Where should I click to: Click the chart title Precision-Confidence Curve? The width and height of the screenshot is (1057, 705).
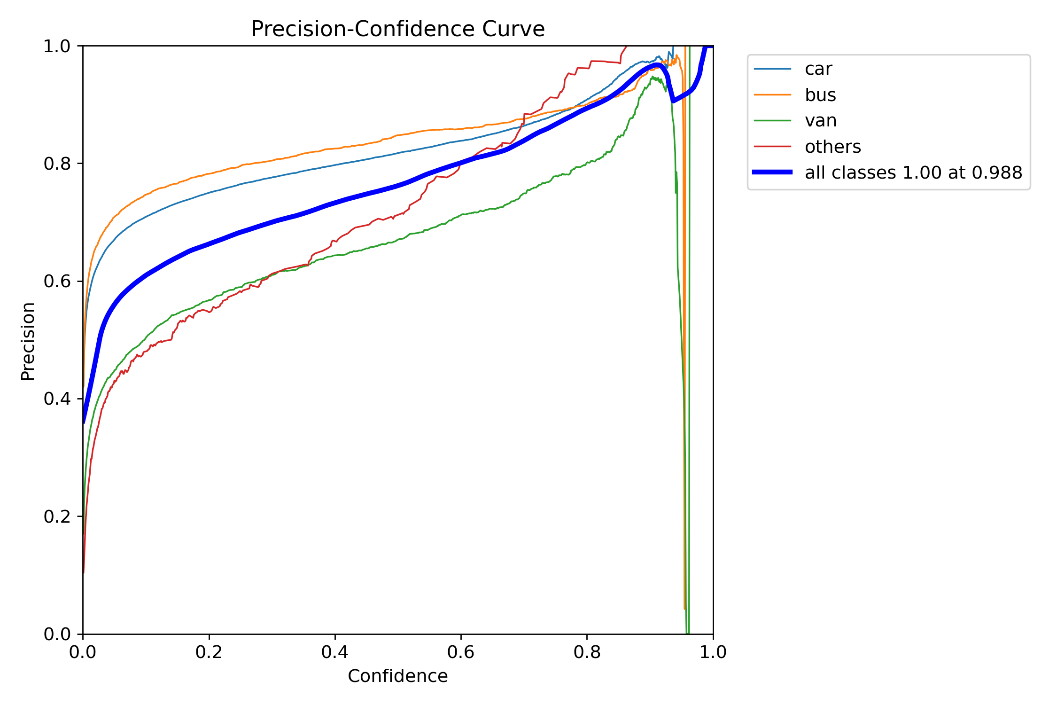[397, 29]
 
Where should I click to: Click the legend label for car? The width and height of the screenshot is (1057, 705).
[818, 69]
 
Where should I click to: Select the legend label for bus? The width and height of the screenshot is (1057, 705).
[820, 95]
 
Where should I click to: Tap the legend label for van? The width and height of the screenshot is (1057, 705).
[820, 121]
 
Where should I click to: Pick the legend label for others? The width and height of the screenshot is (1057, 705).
[832, 147]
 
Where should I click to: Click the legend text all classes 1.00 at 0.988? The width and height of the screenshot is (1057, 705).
[913, 173]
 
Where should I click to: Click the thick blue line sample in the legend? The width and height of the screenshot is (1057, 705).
[772, 172]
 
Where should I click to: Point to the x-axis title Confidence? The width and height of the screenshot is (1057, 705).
[397, 676]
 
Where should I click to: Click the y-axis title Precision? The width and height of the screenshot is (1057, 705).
[28, 341]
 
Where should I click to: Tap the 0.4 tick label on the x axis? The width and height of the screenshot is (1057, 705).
[334, 652]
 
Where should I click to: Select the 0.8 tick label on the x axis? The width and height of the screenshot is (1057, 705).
[587, 652]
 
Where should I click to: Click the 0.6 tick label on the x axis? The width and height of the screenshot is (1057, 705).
[461, 652]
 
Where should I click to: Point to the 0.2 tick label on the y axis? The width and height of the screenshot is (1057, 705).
[57, 517]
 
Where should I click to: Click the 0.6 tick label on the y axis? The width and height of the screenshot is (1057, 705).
[57, 281]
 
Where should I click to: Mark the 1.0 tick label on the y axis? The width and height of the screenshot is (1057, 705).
[57, 46]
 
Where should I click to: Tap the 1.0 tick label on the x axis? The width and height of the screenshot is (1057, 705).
[713, 652]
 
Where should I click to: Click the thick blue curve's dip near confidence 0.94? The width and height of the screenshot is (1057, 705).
[673, 101]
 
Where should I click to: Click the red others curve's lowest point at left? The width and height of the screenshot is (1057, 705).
[84, 572]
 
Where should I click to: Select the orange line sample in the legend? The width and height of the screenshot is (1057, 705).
[772, 95]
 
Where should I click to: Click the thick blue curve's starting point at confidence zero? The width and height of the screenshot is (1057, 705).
[84, 422]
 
